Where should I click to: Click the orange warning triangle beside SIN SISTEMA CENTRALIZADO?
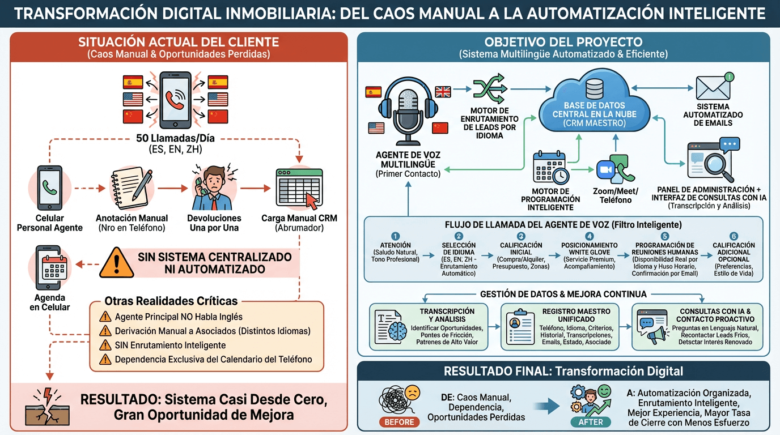[x=116, y=263]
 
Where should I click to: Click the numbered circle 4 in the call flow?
[x=589, y=236]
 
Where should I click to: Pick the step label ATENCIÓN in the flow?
[x=396, y=245]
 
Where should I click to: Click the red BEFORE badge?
[x=399, y=422]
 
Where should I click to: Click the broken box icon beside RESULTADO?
[x=47, y=407]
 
